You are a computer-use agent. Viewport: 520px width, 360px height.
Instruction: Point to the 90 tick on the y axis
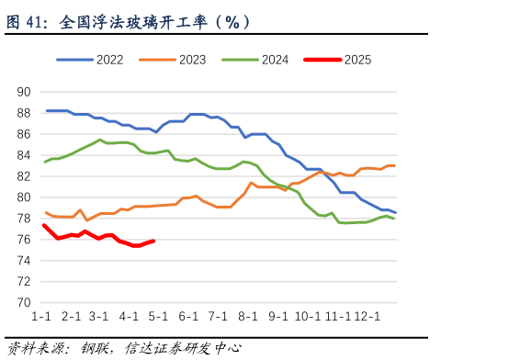(24, 92)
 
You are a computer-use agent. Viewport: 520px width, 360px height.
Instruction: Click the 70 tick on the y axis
(24, 303)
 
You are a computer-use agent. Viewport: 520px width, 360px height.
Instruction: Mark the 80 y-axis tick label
(24, 197)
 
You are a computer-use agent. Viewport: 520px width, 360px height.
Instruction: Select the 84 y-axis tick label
(24, 155)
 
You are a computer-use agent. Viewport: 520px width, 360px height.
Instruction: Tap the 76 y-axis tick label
(24, 240)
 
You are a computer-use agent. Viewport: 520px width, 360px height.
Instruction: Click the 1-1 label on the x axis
(41, 317)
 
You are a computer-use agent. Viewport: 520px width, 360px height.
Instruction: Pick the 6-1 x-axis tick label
(188, 317)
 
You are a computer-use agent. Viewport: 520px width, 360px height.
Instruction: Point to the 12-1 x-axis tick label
(368, 317)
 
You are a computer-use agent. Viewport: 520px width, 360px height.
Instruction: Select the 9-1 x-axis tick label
(278, 317)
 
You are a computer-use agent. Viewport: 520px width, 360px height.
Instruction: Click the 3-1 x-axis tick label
(98, 317)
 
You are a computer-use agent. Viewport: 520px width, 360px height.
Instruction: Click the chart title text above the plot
(129, 22)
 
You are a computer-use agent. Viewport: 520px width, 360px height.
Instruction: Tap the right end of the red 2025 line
(153, 241)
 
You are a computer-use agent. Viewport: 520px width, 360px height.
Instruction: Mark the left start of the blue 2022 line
(46, 110)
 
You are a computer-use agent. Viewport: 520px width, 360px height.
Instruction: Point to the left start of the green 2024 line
(45, 162)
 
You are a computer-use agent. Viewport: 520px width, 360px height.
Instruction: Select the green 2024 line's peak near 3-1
(100, 140)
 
